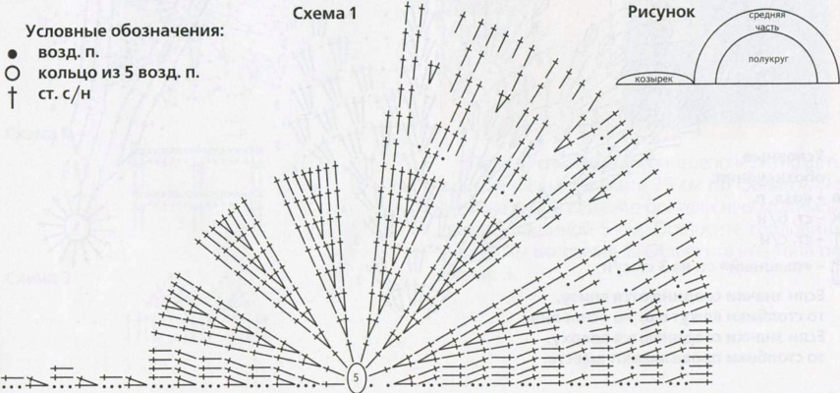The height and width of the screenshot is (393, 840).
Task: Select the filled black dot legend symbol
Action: tap(11, 54)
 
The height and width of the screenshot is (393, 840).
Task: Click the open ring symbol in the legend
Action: tap(11, 73)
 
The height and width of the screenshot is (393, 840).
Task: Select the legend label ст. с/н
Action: tap(67, 93)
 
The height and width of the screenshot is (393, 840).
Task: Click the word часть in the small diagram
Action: tap(767, 28)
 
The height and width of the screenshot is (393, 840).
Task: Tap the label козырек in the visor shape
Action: tap(654, 79)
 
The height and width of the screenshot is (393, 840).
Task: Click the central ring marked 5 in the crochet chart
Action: tap(356, 375)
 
